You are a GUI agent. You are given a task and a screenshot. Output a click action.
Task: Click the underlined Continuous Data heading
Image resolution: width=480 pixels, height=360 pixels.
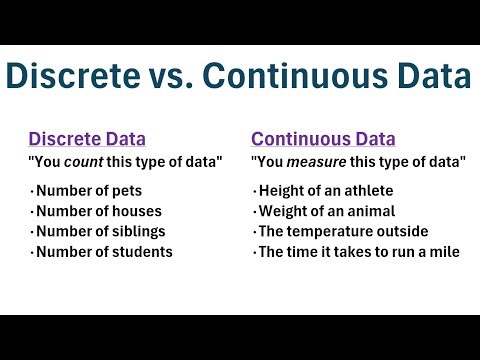click(323, 139)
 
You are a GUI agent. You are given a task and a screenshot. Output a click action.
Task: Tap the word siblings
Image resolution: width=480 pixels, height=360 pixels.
click(137, 231)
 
